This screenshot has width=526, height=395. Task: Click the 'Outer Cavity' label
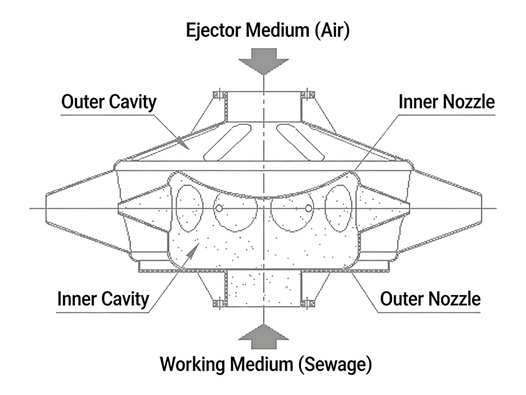pos(108,102)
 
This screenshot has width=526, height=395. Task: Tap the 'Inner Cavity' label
pos(104,300)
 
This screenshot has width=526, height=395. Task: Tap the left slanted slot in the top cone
pos(227,141)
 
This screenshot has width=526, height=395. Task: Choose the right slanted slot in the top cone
pos(299,141)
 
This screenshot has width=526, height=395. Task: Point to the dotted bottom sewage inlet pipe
pos(262,290)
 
